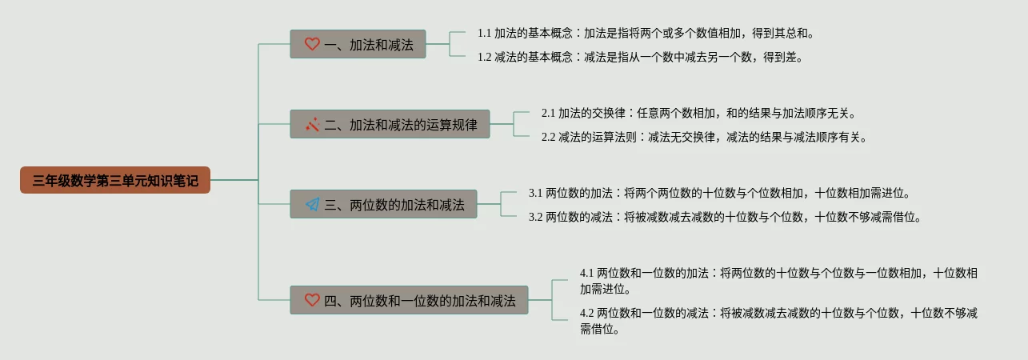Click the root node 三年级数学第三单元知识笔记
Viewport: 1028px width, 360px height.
point(115,181)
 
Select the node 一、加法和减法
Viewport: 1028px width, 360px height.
point(358,45)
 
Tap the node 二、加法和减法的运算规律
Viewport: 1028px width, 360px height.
point(390,125)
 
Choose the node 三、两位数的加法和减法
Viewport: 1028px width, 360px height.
point(383,205)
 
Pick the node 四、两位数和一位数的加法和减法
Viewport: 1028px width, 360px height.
point(409,300)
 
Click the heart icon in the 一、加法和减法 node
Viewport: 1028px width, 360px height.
point(312,45)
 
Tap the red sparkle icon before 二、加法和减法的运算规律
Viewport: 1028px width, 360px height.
point(312,125)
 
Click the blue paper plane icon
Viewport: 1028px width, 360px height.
point(312,205)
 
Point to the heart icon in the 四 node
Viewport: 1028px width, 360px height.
point(312,300)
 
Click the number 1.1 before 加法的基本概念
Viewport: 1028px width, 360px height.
point(484,34)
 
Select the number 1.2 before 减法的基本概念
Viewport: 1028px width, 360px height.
point(484,57)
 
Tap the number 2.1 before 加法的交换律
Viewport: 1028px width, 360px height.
point(548,114)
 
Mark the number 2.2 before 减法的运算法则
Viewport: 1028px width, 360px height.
point(548,137)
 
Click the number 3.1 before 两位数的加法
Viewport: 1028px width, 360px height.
point(535,193)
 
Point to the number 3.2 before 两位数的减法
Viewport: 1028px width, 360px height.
point(535,217)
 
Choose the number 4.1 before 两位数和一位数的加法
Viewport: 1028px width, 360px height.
point(586,273)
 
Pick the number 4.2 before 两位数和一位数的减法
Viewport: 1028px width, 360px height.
point(586,313)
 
